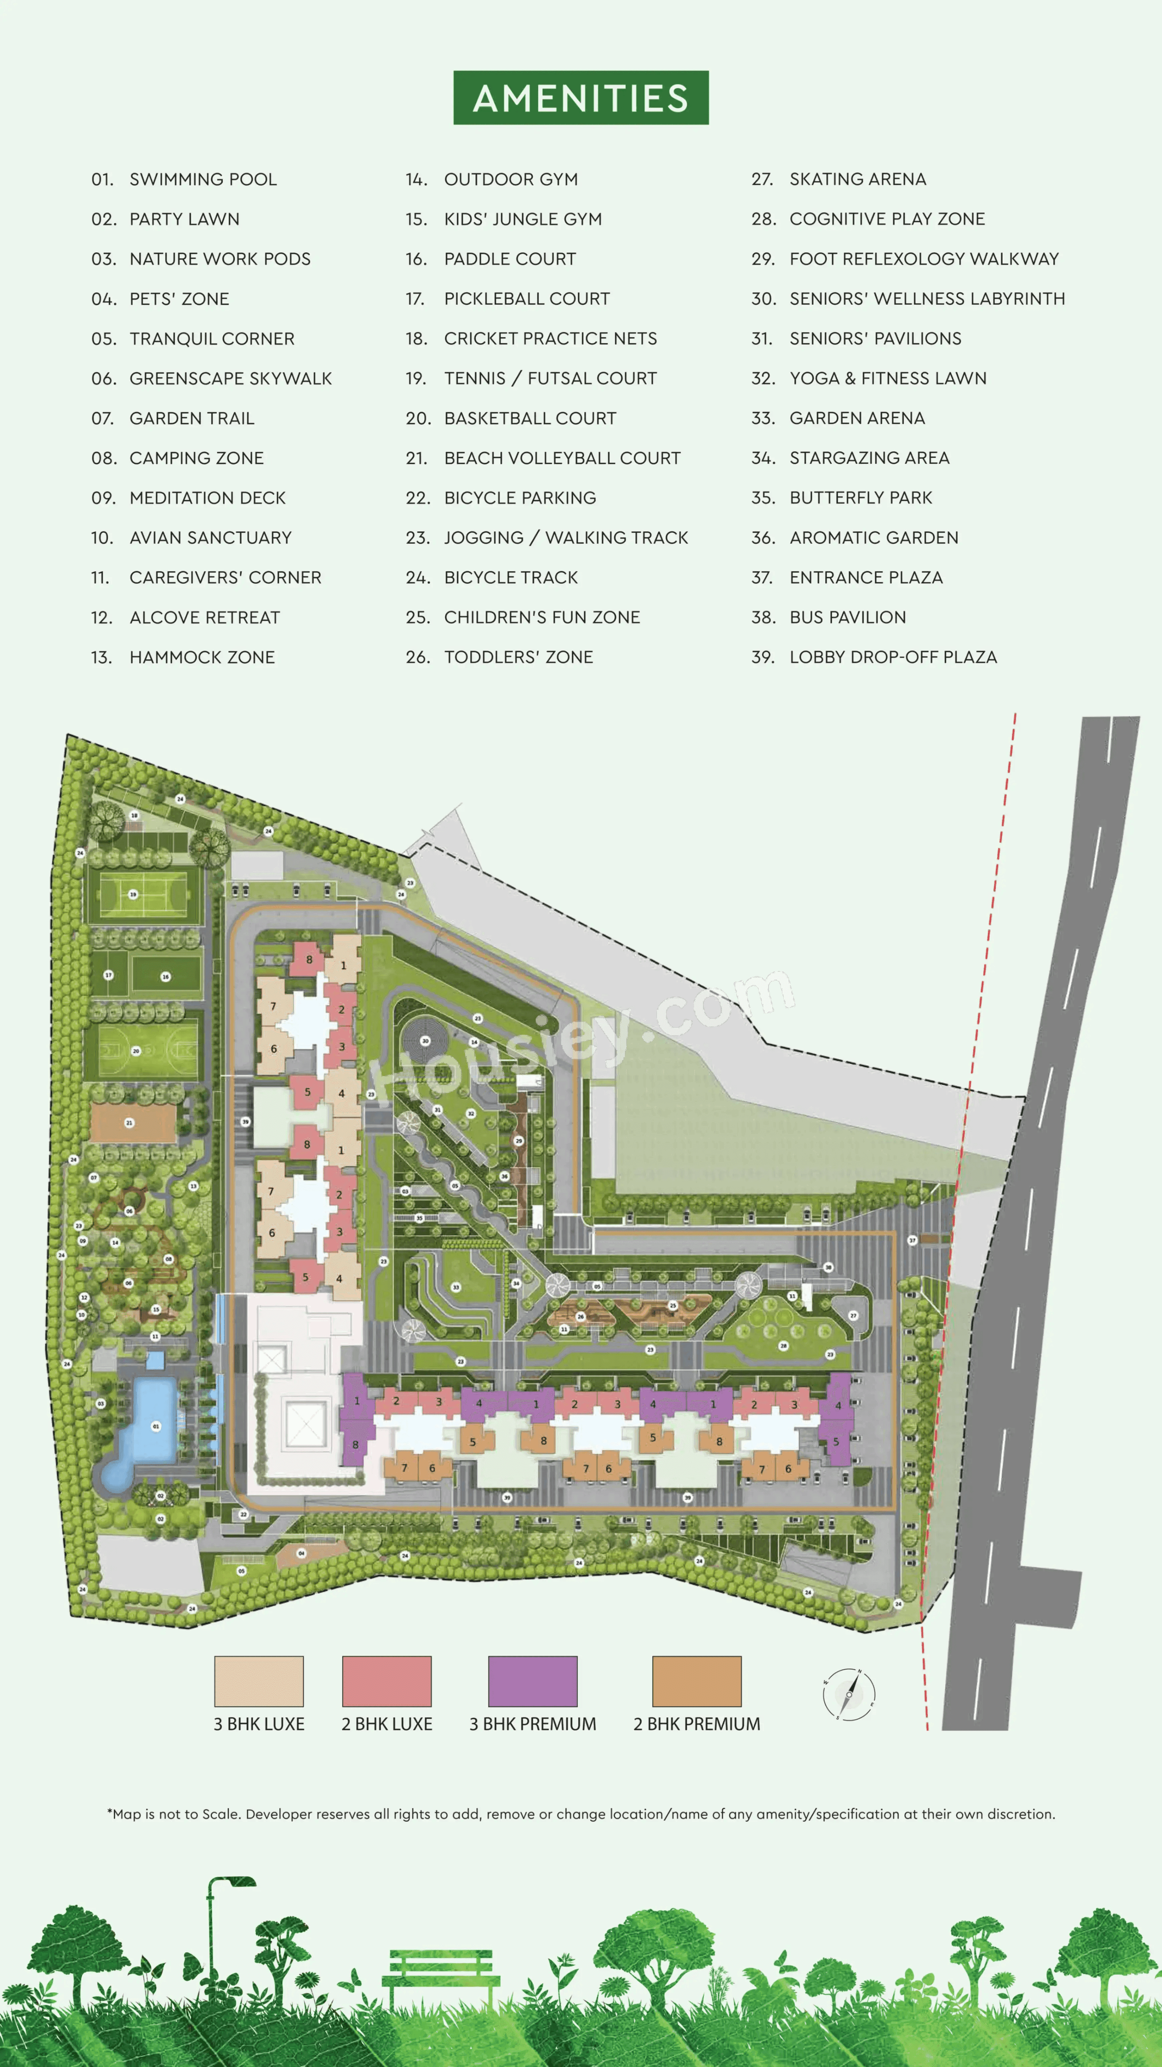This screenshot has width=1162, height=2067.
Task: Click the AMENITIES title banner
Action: [581, 98]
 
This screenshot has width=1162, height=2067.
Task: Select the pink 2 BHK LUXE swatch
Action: [387, 1681]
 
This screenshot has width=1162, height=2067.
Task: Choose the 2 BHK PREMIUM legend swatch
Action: [697, 1681]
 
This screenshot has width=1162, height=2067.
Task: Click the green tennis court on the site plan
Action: [143, 894]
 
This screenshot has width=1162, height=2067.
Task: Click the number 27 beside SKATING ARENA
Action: [762, 179]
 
